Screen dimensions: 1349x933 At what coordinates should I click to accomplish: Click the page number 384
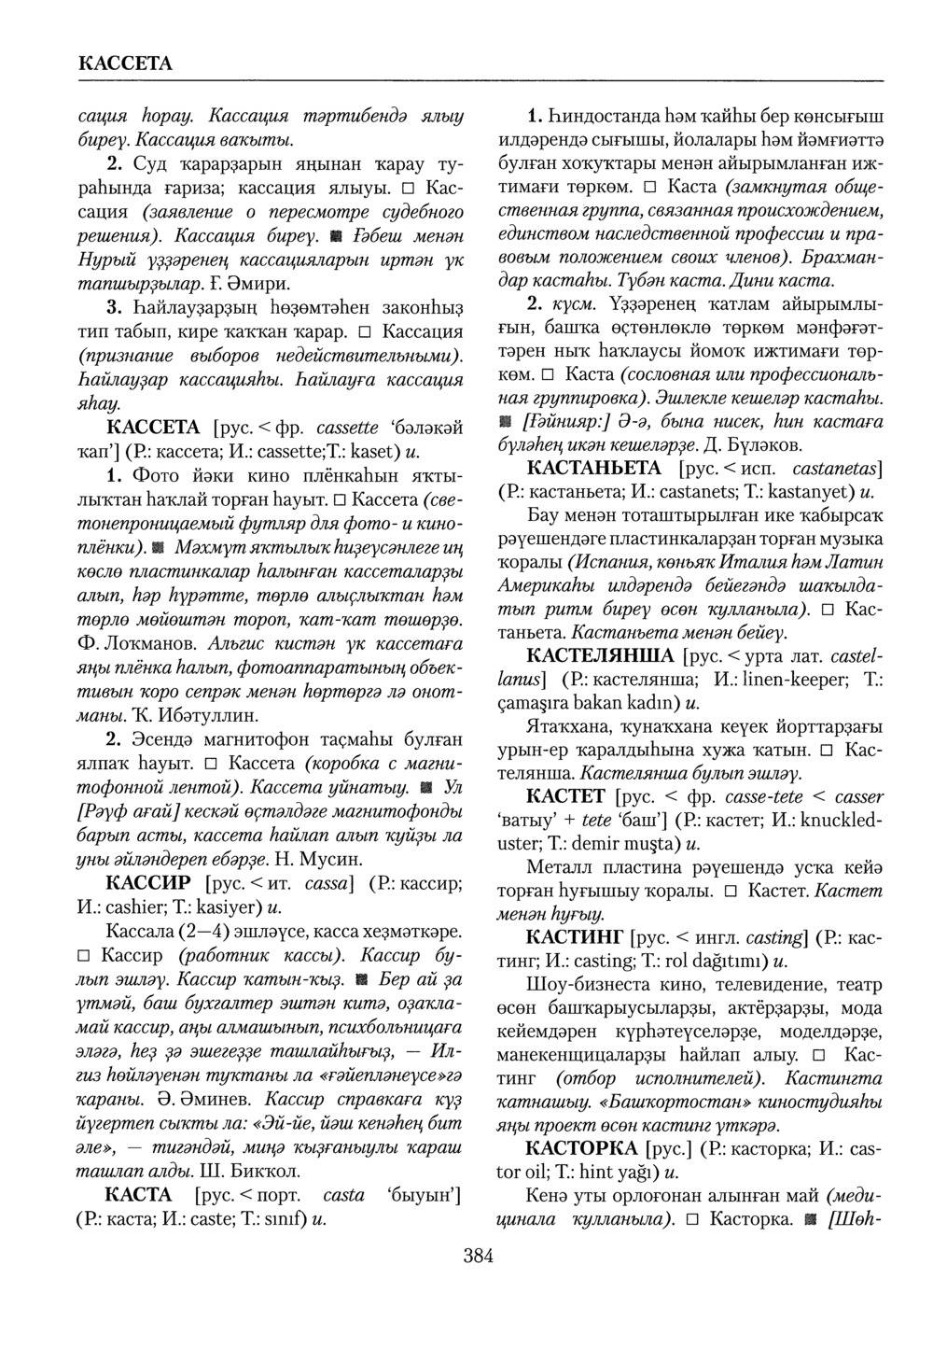tap(478, 1256)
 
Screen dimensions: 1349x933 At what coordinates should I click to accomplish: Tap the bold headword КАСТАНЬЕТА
tap(594, 468)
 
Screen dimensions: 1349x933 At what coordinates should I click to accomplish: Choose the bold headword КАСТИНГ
tap(575, 936)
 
